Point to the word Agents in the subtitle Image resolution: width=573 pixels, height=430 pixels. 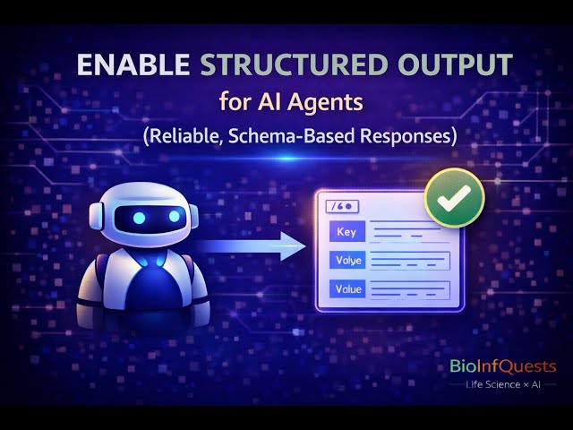tap(329, 102)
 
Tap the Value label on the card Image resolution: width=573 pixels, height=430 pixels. tap(346, 288)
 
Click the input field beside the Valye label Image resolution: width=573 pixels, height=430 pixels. tap(408, 261)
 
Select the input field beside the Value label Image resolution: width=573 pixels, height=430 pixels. tap(408, 288)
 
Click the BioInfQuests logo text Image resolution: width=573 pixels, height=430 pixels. tap(501, 365)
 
